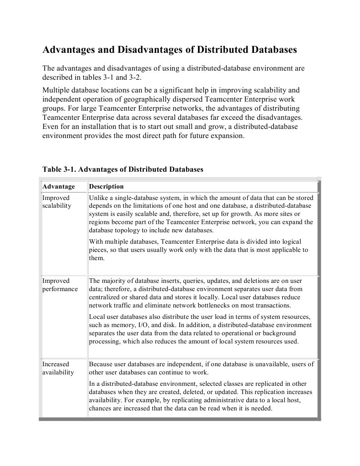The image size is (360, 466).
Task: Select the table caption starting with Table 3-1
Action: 122,169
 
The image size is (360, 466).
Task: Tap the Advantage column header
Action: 58,187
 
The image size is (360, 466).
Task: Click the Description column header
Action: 106,187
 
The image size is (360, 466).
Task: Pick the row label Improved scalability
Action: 56,202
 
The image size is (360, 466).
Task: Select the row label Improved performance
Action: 60,285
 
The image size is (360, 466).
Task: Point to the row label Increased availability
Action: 58,368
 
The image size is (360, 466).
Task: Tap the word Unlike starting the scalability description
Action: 98,198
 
